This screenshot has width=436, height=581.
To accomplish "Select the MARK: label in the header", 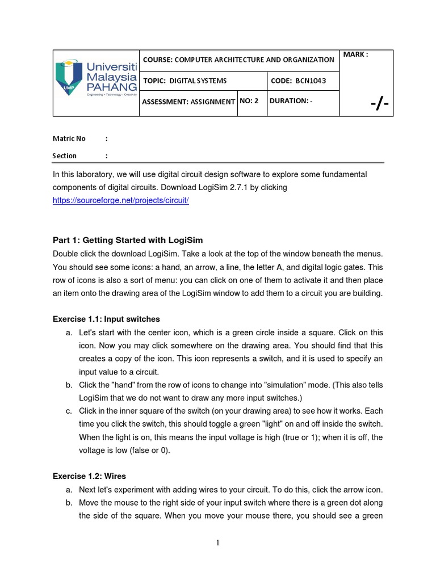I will tap(356, 54).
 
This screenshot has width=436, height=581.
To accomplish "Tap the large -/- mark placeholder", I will tap(380, 104).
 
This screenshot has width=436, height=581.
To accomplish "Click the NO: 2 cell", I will tap(249, 100).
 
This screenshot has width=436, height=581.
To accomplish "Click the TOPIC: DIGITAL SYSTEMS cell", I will tap(185, 81).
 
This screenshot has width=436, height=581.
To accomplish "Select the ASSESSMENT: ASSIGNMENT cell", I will tap(188, 102).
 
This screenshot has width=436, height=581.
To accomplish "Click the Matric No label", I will tap(69, 138).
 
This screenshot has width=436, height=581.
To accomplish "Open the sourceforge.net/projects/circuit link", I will tap(120, 201).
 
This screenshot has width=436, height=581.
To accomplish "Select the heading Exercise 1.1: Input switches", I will tap(106, 319).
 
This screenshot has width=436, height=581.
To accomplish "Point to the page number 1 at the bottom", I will tap(217, 543).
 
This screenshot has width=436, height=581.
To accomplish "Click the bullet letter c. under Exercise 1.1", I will tap(68, 411).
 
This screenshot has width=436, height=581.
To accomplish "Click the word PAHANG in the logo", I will tap(112, 87).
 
